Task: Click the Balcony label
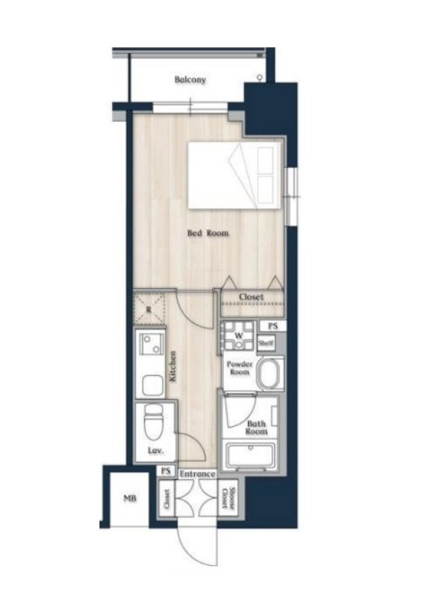pyautogui.click(x=190, y=80)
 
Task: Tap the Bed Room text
pyautogui.click(x=208, y=232)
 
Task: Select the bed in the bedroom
pyautogui.click(x=231, y=176)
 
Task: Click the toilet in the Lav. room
pyautogui.click(x=154, y=422)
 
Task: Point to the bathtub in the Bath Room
pyautogui.click(x=250, y=455)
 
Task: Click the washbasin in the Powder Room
pyautogui.click(x=270, y=373)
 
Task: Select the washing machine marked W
pyautogui.click(x=238, y=336)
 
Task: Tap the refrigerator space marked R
pyautogui.click(x=149, y=309)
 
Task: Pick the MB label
pyautogui.click(x=130, y=498)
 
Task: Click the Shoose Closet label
pyautogui.click(x=228, y=498)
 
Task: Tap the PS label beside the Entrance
pyautogui.click(x=165, y=471)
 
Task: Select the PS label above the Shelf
pyautogui.click(x=273, y=326)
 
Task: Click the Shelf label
pyautogui.click(x=266, y=342)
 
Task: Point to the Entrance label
pyautogui.click(x=197, y=474)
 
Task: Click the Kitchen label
pyautogui.click(x=172, y=367)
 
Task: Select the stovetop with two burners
pyautogui.click(x=152, y=344)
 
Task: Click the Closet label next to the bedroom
pyautogui.click(x=252, y=297)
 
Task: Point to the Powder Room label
pyautogui.click(x=239, y=368)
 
